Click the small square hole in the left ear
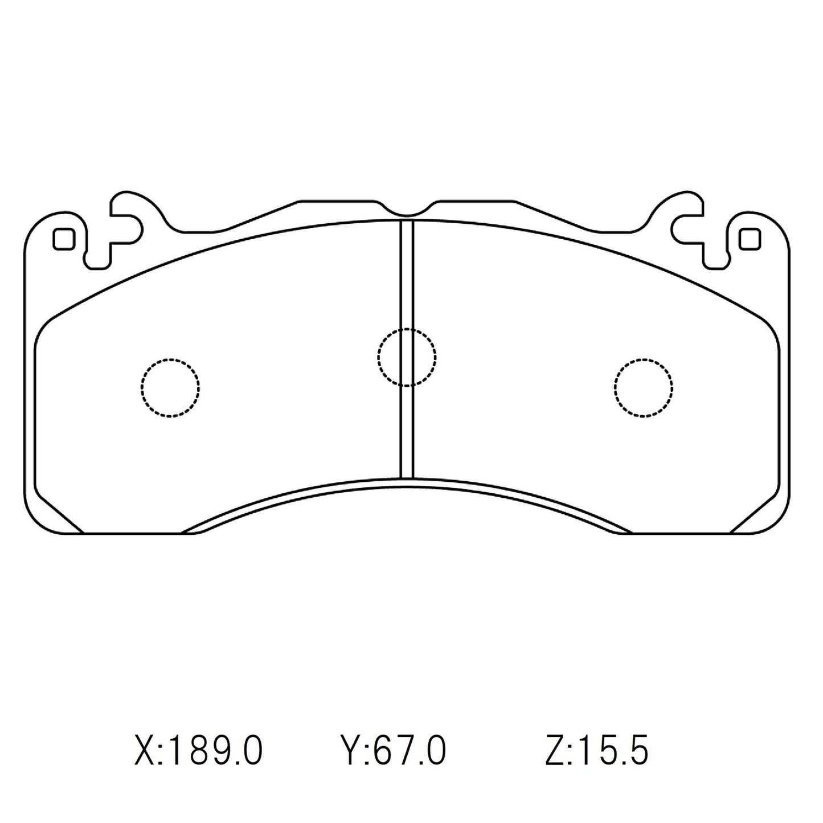63,239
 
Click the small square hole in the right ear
750,239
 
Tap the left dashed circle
170,388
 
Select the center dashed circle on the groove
407,358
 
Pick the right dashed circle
644,388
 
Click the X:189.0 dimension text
198,751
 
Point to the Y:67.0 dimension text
393,751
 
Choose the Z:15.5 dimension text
596,751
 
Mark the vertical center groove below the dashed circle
407,433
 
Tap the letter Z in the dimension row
555,751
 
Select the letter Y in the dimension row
349,751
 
